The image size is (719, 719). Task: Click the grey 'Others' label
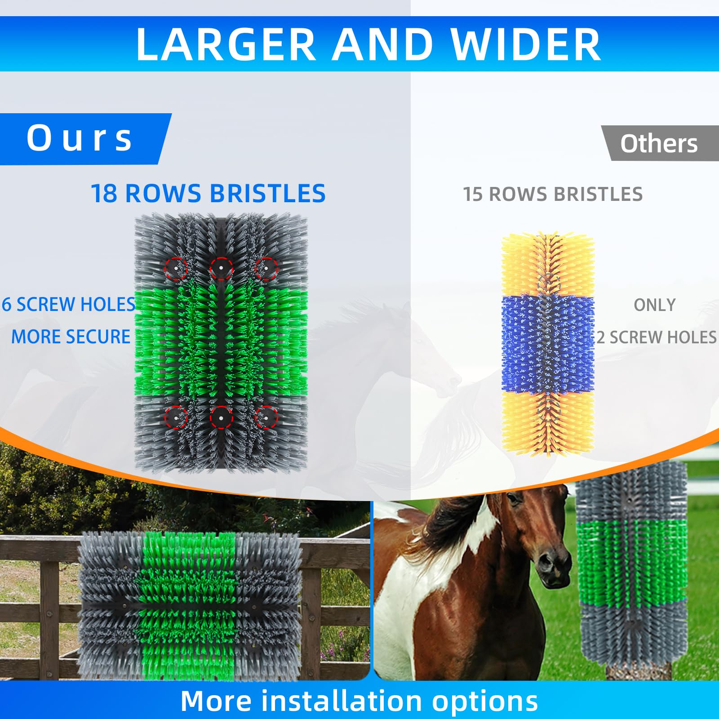tap(659, 143)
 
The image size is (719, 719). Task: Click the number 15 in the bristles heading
tap(473, 194)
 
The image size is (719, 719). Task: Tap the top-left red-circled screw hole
tap(176, 269)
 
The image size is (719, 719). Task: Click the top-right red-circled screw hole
tap(266, 269)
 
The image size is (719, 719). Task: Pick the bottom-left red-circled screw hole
tap(176, 417)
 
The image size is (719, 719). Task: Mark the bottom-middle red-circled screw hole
tap(221, 417)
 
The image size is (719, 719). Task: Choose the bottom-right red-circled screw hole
tap(266, 417)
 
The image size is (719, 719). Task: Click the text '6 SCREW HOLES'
tap(69, 304)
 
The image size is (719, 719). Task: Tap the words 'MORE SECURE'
tap(71, 337)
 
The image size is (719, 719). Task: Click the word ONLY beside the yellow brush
tap(655, 305)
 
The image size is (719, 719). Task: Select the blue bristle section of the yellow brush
tap(548, 344)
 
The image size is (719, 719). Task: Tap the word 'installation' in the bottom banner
tap(342, 701)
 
